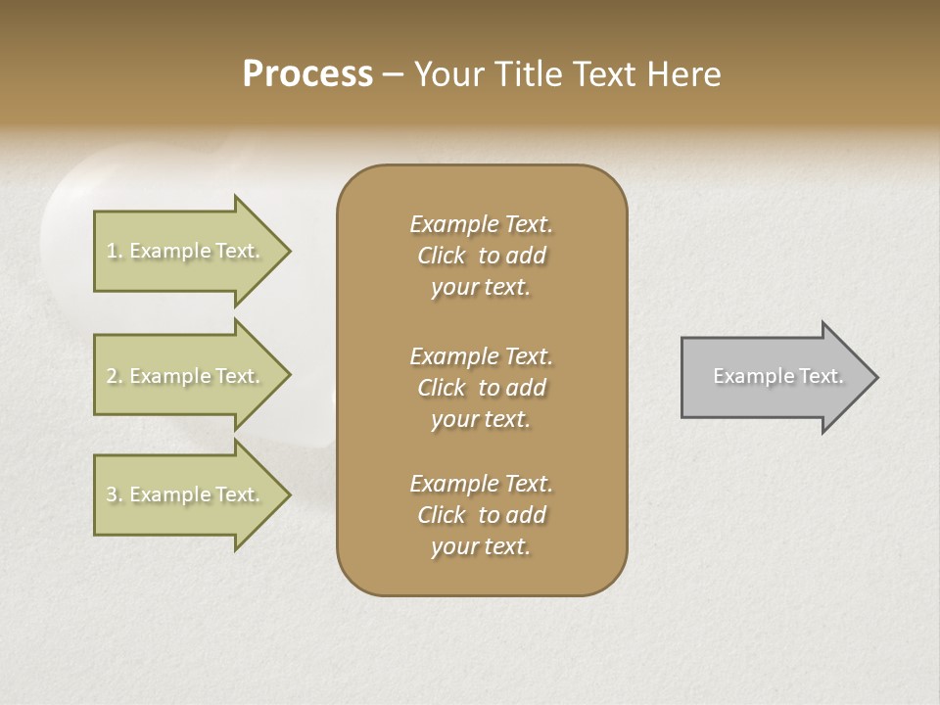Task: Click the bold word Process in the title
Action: [x=307, y=74]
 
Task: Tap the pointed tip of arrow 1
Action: [x=288, y=252]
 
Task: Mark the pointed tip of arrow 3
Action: [x=288, y=494]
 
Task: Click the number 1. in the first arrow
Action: [x=115, y=252]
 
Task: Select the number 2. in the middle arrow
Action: [x=115, y=376]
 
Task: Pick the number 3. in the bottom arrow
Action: [x=115, y=494]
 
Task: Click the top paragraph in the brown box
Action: [x=481, y=256]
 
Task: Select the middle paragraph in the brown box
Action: [x=481, y=388]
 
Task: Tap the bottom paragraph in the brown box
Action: [x=481, y=515]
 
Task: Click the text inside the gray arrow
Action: [x=778, y=376]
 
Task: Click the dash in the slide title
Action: [x=393, y=75]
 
